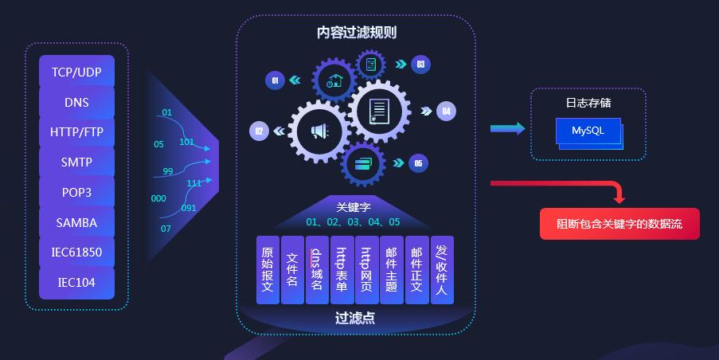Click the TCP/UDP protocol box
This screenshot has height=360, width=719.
76,72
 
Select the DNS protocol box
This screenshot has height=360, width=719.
76,102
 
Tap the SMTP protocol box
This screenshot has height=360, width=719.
76,162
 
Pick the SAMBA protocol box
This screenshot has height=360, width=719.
76,222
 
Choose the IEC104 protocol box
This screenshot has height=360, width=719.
76,282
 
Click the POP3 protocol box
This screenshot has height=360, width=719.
76,192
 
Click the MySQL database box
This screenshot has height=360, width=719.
588,131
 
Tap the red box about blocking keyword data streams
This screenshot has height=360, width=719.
619,224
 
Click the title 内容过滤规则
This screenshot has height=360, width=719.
356,33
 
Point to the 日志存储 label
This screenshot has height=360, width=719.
588,103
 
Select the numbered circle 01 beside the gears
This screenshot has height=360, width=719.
275,80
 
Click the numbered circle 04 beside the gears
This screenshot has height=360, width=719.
447,111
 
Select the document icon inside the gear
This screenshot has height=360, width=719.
378,111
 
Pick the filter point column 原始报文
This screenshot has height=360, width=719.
268,269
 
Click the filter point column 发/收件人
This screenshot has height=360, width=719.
442,269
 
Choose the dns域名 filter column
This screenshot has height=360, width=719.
316,269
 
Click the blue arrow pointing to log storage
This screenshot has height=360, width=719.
506,128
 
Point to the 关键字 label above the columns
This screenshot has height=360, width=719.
353,207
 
